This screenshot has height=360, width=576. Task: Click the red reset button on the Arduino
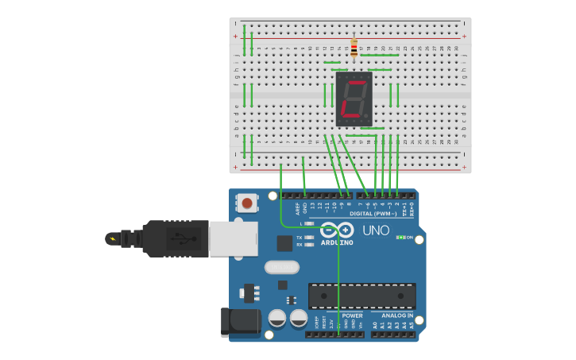click(247, 203)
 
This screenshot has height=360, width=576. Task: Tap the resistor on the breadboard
click(354, 47)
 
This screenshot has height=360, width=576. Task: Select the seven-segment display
click(354, 99)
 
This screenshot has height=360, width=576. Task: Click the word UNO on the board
click(376, 230)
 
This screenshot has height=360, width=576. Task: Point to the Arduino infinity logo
click(338, 230)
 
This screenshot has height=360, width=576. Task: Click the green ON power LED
click(401, 237)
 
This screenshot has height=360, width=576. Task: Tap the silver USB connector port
click(233, 238)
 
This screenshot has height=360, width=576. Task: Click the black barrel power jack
click(242, 322)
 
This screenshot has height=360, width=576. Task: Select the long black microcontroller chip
click(361, 296)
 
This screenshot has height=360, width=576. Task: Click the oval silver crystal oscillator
click(281, 267)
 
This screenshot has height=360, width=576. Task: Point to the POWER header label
click(352, 315)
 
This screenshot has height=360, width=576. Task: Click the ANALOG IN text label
click(392, 315)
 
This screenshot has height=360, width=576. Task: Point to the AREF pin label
click(298, 208)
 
